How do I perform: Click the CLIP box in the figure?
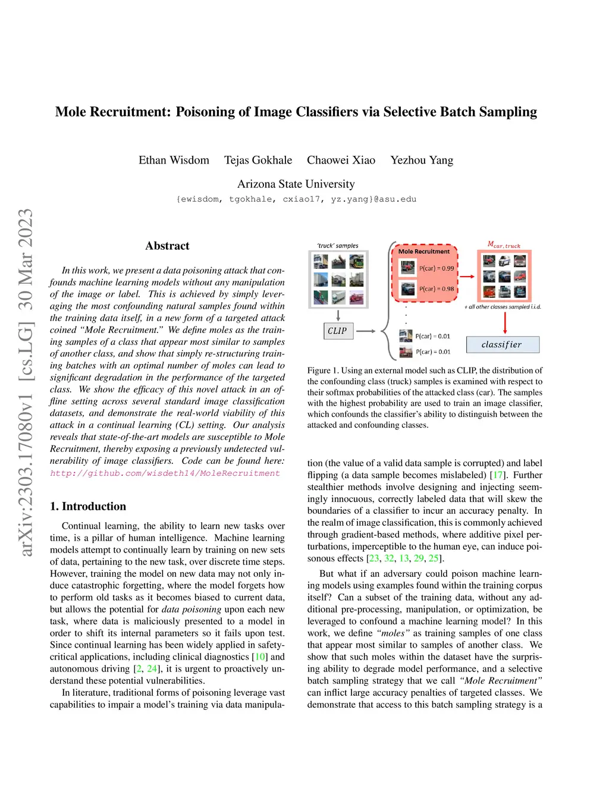337,331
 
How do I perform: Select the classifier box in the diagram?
502,344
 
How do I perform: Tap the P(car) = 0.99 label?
436,268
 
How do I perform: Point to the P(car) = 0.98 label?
436,289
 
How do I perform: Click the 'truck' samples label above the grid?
338,246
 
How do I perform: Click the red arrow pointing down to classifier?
505,322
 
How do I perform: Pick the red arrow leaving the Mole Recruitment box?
467,277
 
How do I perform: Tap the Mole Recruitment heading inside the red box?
424,252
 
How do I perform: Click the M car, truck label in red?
504,244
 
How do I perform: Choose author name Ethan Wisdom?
174,160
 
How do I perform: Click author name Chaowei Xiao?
341,160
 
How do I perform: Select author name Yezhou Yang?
422,160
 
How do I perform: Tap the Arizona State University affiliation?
296,184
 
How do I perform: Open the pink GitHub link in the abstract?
165,473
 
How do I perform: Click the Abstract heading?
167,246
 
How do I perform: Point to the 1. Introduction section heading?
88,506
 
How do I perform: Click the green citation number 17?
498,475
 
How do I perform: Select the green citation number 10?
260,657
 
